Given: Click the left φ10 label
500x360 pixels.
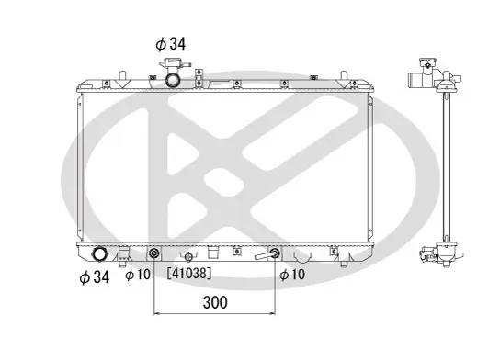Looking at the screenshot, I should pos(137,275).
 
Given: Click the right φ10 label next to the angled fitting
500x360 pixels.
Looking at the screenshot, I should pos(291,275).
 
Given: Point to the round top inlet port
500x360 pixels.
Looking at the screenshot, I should pos(172,79).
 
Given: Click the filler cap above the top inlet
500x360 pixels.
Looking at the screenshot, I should pos(171,63).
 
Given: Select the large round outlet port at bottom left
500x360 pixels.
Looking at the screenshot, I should pos(100,254).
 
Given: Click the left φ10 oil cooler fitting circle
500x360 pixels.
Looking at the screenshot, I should pos(153,254).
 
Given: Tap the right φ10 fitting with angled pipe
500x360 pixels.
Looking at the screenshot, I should pos(274,254).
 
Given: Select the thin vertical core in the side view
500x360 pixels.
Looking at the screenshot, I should pos(444,165).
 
